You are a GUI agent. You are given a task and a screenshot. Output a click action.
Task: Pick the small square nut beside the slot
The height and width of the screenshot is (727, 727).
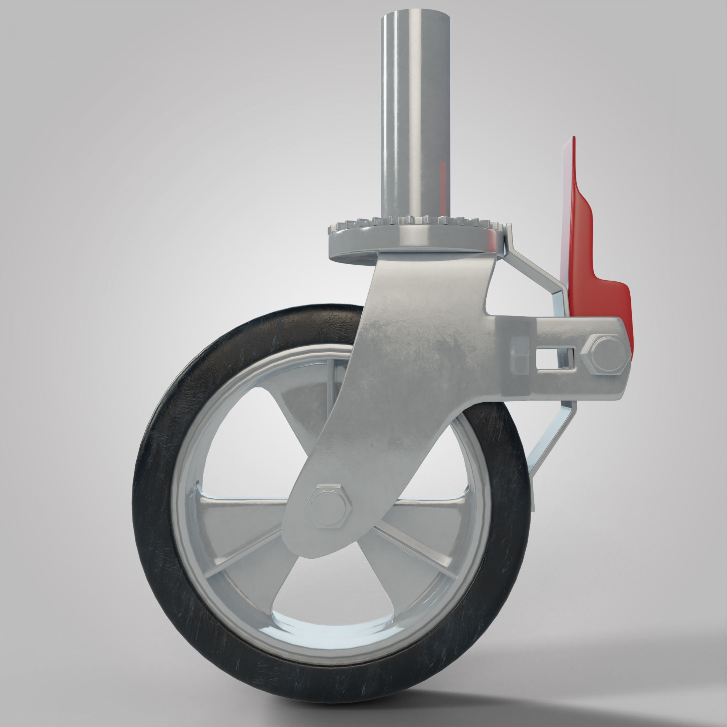521,354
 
